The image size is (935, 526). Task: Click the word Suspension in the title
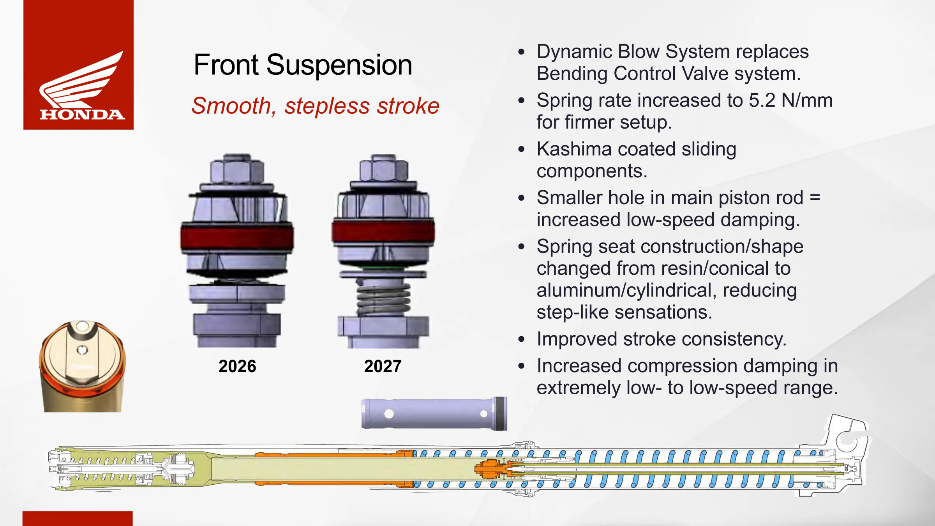[339, 65]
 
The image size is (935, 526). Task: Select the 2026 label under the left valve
[237, 366]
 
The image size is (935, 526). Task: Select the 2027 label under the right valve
[383, 366]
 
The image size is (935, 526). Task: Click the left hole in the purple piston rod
[389, 414]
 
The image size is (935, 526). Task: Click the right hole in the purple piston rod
[483, 414]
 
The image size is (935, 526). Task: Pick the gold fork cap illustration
[82, 366]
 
